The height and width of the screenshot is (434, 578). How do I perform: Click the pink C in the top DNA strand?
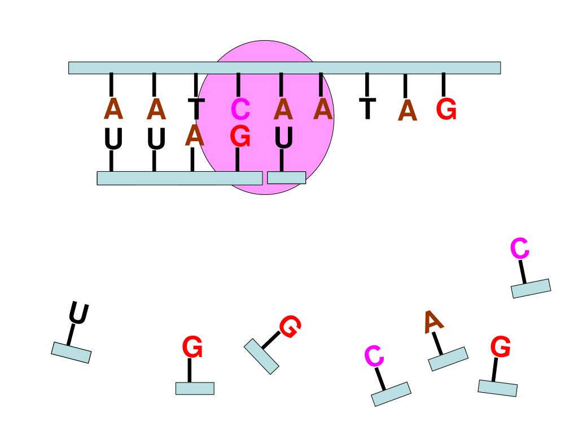pos(240,109)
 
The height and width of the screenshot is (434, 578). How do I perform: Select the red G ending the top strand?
pos(446,109)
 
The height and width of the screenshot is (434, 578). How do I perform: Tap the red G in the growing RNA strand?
pos(240,137)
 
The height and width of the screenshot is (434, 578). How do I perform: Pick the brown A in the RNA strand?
pos(195,135)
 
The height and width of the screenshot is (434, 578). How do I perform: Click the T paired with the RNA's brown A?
pos(196,108)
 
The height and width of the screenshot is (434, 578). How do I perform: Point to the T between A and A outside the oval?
pos(367,108)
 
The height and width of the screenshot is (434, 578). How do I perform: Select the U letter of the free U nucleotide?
pos(78,313)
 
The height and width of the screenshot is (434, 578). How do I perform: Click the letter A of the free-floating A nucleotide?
pos(433,322)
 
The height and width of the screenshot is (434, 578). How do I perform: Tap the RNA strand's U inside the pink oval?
pos(284,137)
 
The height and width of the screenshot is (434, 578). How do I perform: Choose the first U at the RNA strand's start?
pos(113,139)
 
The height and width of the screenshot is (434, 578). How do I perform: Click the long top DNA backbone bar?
pos(284,68)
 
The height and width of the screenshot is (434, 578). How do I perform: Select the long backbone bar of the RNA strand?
pos(179,178)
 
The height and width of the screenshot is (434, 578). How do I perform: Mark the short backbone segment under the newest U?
pos(286,177)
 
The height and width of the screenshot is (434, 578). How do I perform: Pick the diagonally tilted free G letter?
pos(291,326)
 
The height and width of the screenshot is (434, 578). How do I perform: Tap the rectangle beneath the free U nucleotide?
pos(71,353)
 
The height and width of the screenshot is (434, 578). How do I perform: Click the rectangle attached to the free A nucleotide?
pos(448,359)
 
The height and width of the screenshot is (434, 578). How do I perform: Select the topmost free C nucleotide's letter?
pos(520,249)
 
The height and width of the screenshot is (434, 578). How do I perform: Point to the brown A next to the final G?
pos(408,110)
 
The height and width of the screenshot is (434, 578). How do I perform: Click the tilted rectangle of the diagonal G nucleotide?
pos(261,356)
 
